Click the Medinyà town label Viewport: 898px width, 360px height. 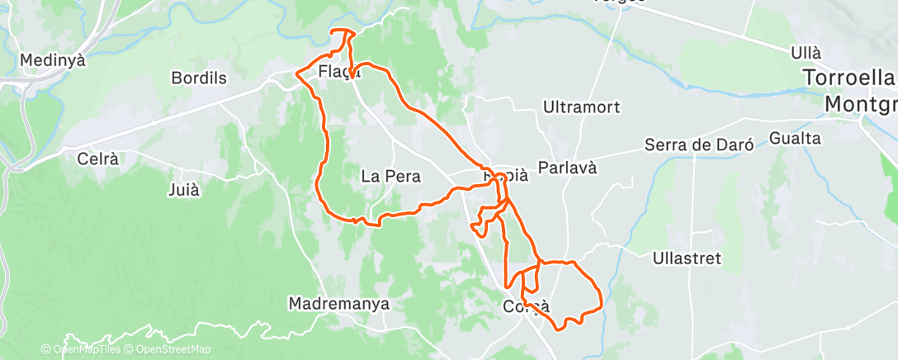[x=52, y=60]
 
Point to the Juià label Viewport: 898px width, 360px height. [x=183, y=189]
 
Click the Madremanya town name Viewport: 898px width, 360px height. [x=338, y=304]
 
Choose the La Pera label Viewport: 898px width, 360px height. [x=391, y=176]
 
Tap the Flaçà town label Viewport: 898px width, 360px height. [x=338, y=73]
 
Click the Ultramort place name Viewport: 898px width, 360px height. [x=581, y=107]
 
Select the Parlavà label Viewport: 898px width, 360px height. [x=567, y=168]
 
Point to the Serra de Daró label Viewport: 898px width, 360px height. [x=701, y=145]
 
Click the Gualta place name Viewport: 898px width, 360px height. [x=794, y=138]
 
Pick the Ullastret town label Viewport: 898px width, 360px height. [x=686, y=258]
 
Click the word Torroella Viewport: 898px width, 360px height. [x=850, y=79]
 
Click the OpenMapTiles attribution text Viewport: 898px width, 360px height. [x=86, y=349]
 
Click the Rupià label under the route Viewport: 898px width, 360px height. [x=505, y=175]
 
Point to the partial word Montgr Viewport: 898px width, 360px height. [x=862, y=105]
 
